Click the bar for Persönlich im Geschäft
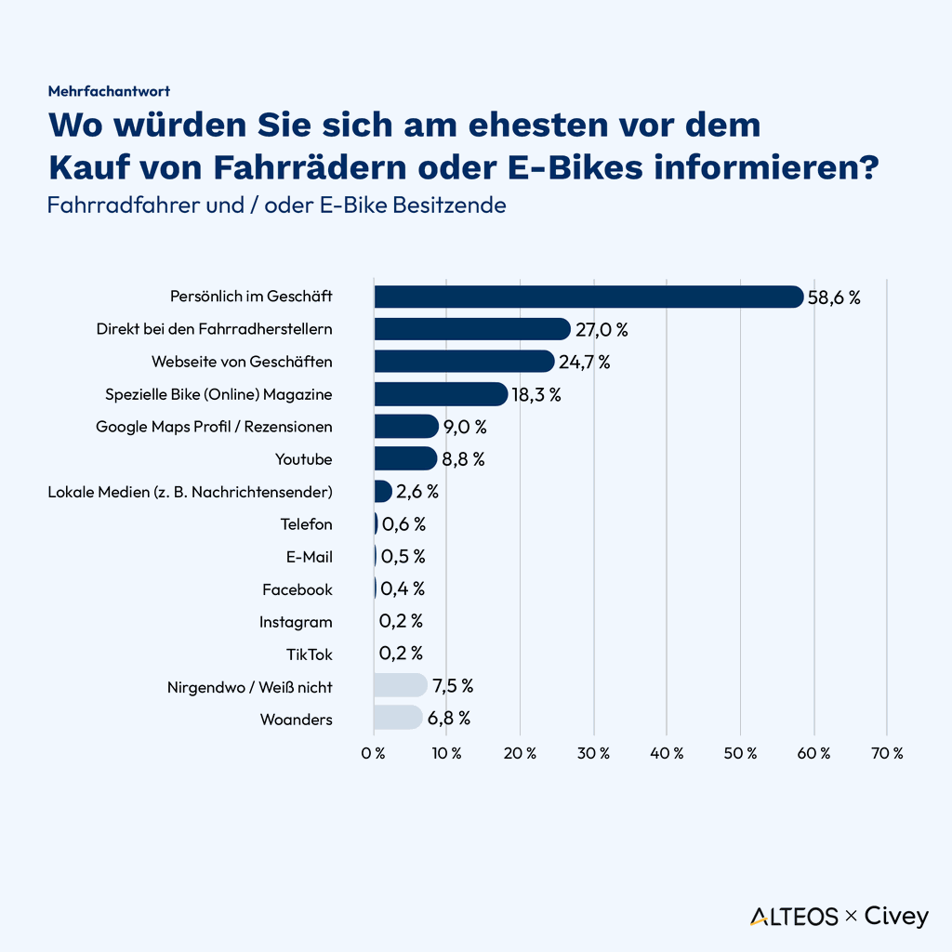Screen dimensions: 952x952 pos(588,297)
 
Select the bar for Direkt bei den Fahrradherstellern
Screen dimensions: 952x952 pos(471,329)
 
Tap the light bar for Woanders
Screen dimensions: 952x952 pos(397,719)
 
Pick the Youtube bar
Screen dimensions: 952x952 pos(404,458)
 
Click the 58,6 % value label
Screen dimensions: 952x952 pos(834,297)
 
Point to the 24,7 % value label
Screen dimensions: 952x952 pos(584,362)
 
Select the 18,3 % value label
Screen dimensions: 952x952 pos(536,394)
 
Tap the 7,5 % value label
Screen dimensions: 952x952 pos(453,686)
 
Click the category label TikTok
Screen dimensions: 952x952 pos(309,654)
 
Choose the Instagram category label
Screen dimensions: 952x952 pos(295,622)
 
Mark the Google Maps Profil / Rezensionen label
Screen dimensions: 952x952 pos(214,427)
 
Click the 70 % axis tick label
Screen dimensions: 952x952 pos(886,753)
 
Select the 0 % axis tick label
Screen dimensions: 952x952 pos(373,753)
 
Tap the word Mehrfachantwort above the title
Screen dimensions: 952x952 pos(109,91)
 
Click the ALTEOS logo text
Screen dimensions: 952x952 pos(794,917)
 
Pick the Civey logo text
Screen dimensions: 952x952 pos(896,917)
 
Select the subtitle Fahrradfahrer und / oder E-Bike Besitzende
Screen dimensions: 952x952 pos(276,205)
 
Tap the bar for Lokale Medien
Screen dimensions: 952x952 pos(382,491)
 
